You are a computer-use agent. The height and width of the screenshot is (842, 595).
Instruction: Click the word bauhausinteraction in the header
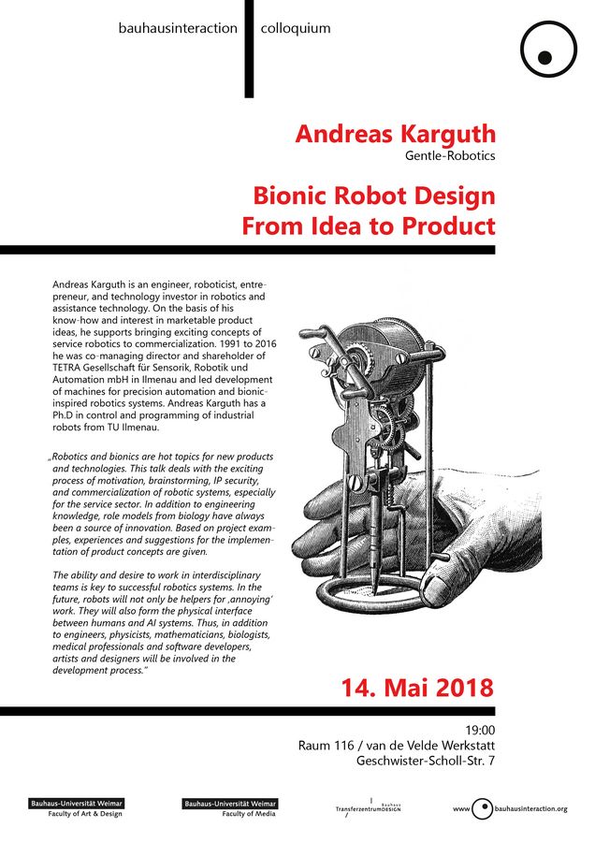tap(178, 28)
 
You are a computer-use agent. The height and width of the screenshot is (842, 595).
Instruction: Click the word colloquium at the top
tap(296, 28)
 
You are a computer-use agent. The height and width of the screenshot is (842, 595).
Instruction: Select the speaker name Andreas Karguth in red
tap(395, 134)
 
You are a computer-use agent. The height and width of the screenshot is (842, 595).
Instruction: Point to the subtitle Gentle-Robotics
tap(450, 155)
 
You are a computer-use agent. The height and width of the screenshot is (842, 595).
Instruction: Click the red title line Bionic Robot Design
tap(373, 197)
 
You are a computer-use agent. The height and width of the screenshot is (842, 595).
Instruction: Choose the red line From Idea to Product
tap(369, 226)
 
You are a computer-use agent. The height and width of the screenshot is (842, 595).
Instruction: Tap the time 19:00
tap(479, 731)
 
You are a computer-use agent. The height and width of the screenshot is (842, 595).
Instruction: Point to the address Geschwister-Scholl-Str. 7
tap(426, 762)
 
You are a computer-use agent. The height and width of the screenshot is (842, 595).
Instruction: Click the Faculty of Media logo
tap(230, 807)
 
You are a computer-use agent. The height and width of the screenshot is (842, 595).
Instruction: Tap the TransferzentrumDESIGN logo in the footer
tap(369, 806)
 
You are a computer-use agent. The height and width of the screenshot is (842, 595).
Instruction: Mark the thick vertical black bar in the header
tap(249, 49)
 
